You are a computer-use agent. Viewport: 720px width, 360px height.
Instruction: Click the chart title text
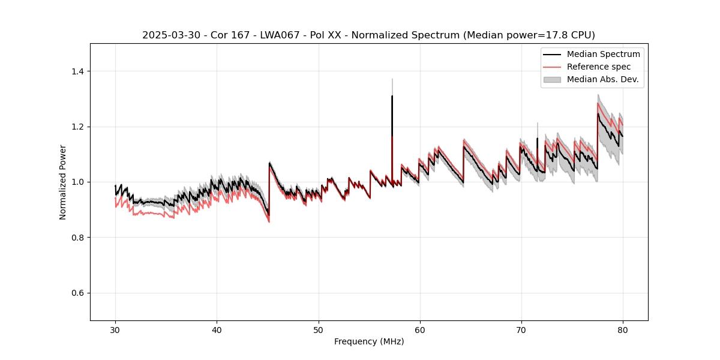pos(368,35)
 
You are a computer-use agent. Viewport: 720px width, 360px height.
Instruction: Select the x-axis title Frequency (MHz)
pos(369,341)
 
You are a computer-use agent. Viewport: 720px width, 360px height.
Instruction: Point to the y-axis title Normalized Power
pos(63,182)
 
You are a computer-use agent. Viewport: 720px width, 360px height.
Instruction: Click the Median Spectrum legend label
pos(603,55)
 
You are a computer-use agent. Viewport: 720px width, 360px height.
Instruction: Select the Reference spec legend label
pos(599,67)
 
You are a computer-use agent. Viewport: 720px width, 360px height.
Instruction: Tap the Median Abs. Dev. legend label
pos(602,79)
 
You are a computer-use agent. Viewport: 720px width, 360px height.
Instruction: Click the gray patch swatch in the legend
pos(552,79)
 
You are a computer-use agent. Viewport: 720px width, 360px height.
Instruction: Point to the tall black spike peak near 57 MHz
pos(392,96)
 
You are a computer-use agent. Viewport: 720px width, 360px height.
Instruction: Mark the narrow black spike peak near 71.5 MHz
pos(537,139)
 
